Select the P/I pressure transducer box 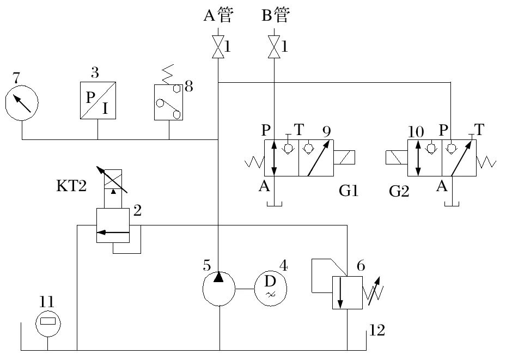[x=98, y=101]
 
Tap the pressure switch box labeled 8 [x=169, y=102]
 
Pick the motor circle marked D [x=270, y=288]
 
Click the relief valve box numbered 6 [x=348, y=292]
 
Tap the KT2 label [x=71, y=187]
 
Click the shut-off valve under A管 [x=218, y=48]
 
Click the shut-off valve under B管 [x=275, y=48]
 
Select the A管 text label [x=218, y=16]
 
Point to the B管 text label [x=275, y=16]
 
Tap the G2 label [x=399, y=192]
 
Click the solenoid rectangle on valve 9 [x=344, y=158]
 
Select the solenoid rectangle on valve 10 [x=397, y=158]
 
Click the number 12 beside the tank [x=377, y=330]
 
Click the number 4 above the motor [x=283, y=266]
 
